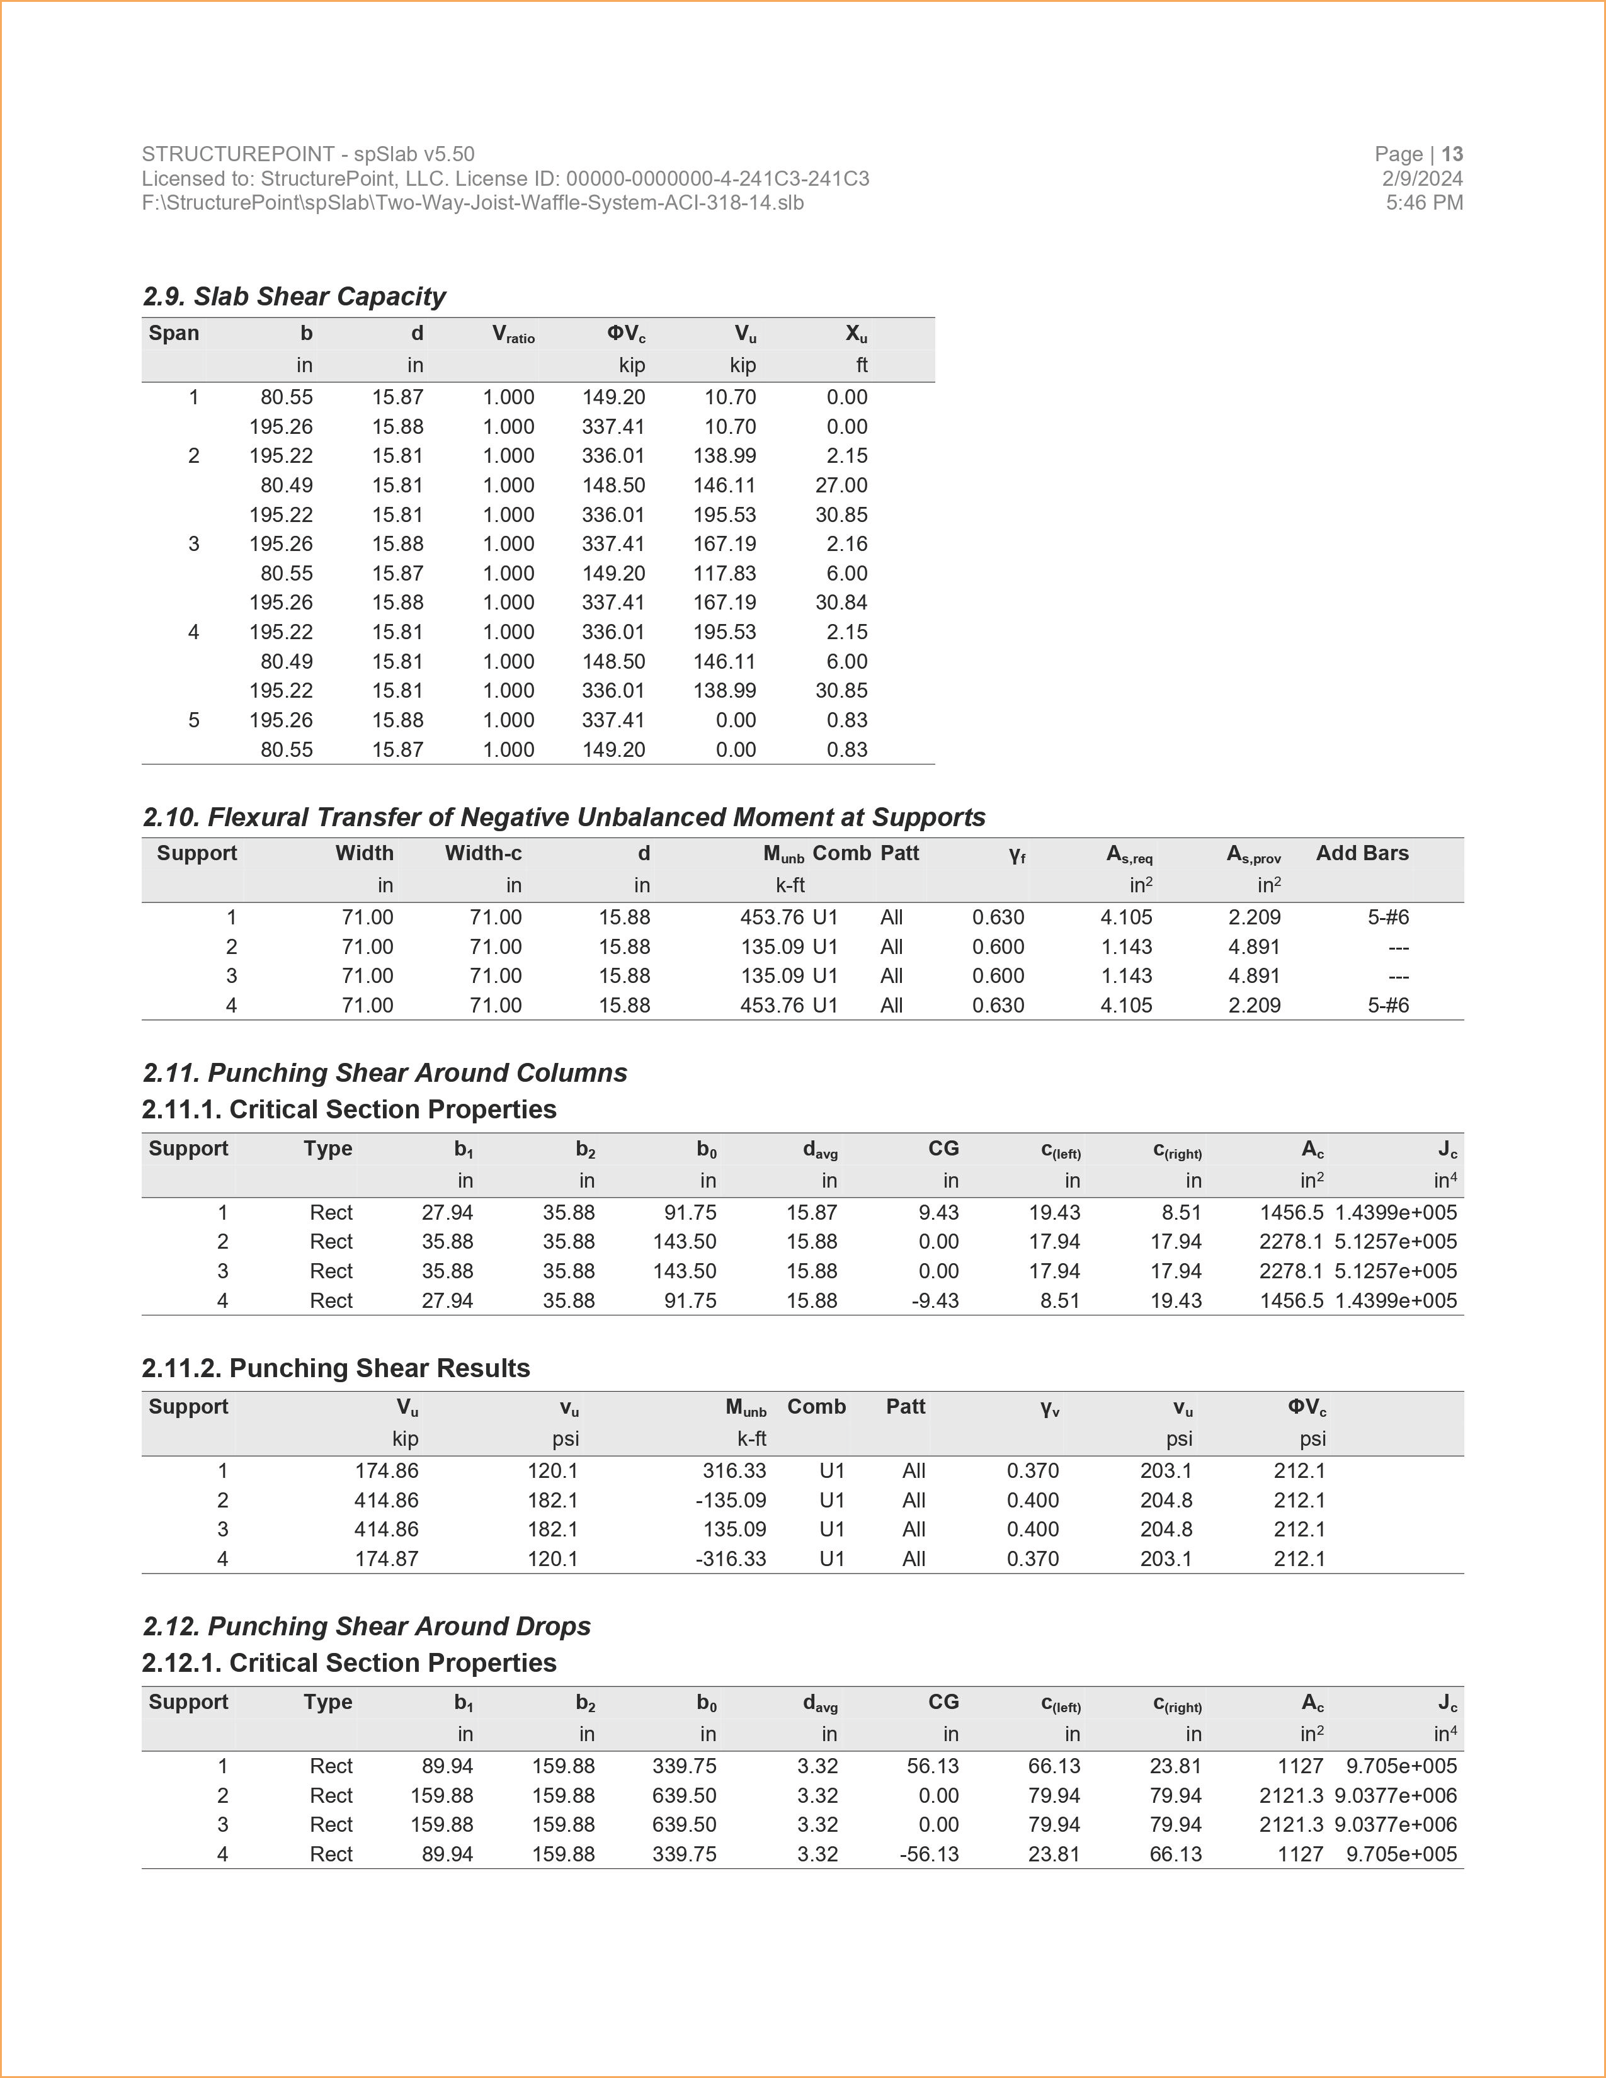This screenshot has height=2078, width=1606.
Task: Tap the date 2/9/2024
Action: [1422, 179]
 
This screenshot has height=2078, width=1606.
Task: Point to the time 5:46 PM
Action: [1424, 203]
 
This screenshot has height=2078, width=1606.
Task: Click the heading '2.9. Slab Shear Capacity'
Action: [294, 297]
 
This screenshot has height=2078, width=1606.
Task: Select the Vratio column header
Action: [513, 334]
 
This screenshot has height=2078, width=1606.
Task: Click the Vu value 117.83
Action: [724, 574]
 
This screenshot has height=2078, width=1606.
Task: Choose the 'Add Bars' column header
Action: [1362, 853]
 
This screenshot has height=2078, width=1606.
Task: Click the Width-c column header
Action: [483, 853]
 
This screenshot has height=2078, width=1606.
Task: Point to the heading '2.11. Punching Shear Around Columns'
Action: [384, 1073]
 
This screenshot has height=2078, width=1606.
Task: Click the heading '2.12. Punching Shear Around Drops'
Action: [367, 1627]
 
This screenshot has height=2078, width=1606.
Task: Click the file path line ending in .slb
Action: [473, 203]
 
